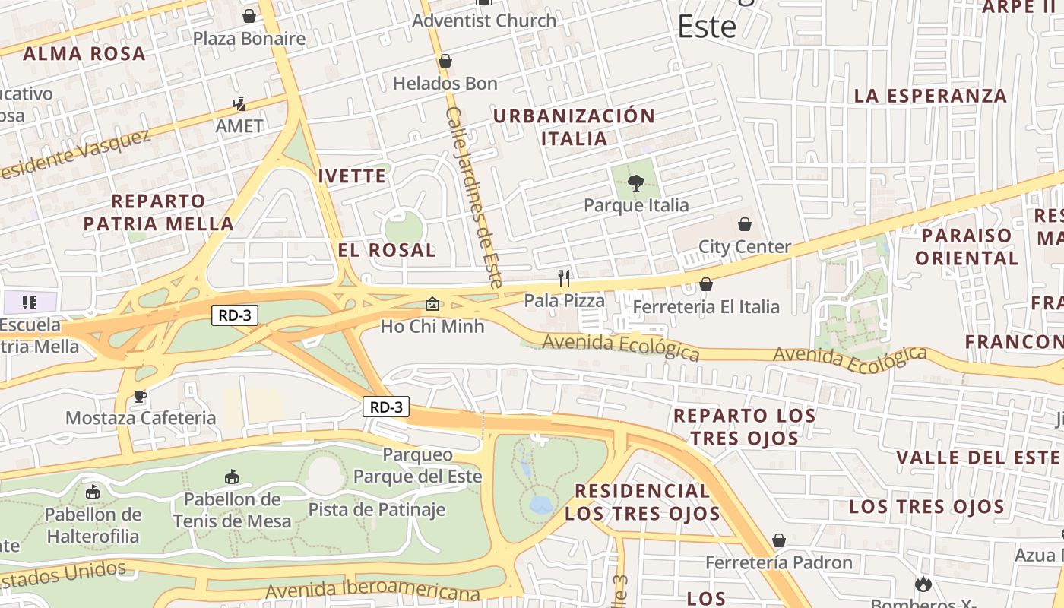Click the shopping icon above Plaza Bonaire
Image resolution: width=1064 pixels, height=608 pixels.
point(249,16)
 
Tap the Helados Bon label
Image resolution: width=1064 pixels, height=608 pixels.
point(445,83)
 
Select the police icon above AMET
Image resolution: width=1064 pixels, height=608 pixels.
point(239,103)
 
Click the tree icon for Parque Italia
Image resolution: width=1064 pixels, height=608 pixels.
point(636,182)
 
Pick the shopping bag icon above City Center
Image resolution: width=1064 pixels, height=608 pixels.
point(745,224)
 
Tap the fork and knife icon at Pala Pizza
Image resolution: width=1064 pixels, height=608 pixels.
point(564,277)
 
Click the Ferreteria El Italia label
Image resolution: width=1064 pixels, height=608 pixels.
point(705,306)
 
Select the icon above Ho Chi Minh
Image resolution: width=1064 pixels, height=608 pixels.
point(432,304)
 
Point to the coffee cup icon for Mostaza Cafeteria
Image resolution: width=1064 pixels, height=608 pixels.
point(141,396)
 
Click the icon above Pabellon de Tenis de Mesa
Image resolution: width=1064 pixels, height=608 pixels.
point(232,477)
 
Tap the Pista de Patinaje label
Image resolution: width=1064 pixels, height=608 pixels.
point(376,509)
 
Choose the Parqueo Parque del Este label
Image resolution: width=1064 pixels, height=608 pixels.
point(417,465)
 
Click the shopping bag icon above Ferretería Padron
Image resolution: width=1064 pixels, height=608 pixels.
point(779,540)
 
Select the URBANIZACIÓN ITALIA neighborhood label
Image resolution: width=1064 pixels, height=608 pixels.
point(574,127)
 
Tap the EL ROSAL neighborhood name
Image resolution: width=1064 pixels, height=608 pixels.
point(387,250)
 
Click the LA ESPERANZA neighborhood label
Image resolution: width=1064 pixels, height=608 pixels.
point(930,96)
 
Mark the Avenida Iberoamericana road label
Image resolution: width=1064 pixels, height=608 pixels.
point(372,590)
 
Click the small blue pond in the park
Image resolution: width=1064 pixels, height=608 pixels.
point(540,505)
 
